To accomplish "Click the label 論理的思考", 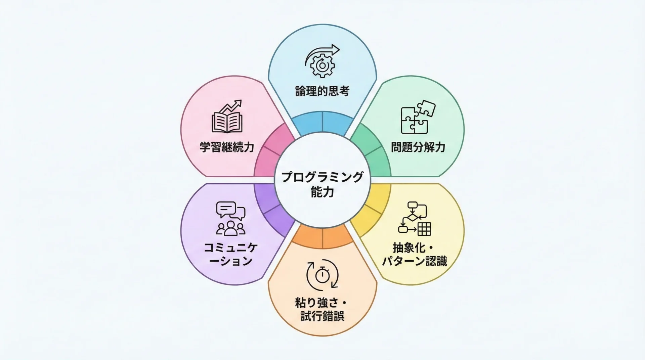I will (x=322, y=91).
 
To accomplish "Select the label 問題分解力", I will (x=418, y=147).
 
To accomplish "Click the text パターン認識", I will (x=415, y=261).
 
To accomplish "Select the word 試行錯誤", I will (x=322, y=316).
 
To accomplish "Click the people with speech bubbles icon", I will (x=230, y=218).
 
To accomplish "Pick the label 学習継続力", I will (x=227, y=147).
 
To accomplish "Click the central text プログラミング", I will (x=322, y=177).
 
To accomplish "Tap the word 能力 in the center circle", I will (x=322, y=192).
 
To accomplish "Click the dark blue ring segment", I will (x=322, y=122).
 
